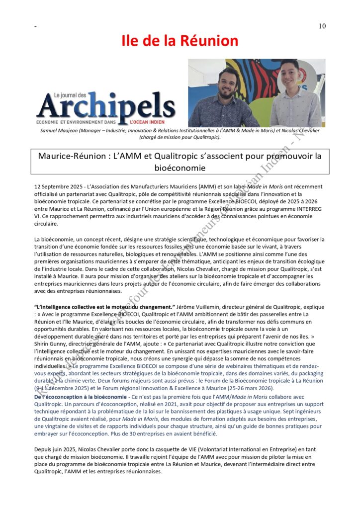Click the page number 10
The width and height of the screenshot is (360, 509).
[322, 26]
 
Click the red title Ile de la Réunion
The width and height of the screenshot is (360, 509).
[180, 40]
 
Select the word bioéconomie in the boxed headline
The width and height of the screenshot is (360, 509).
[180, 168]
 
